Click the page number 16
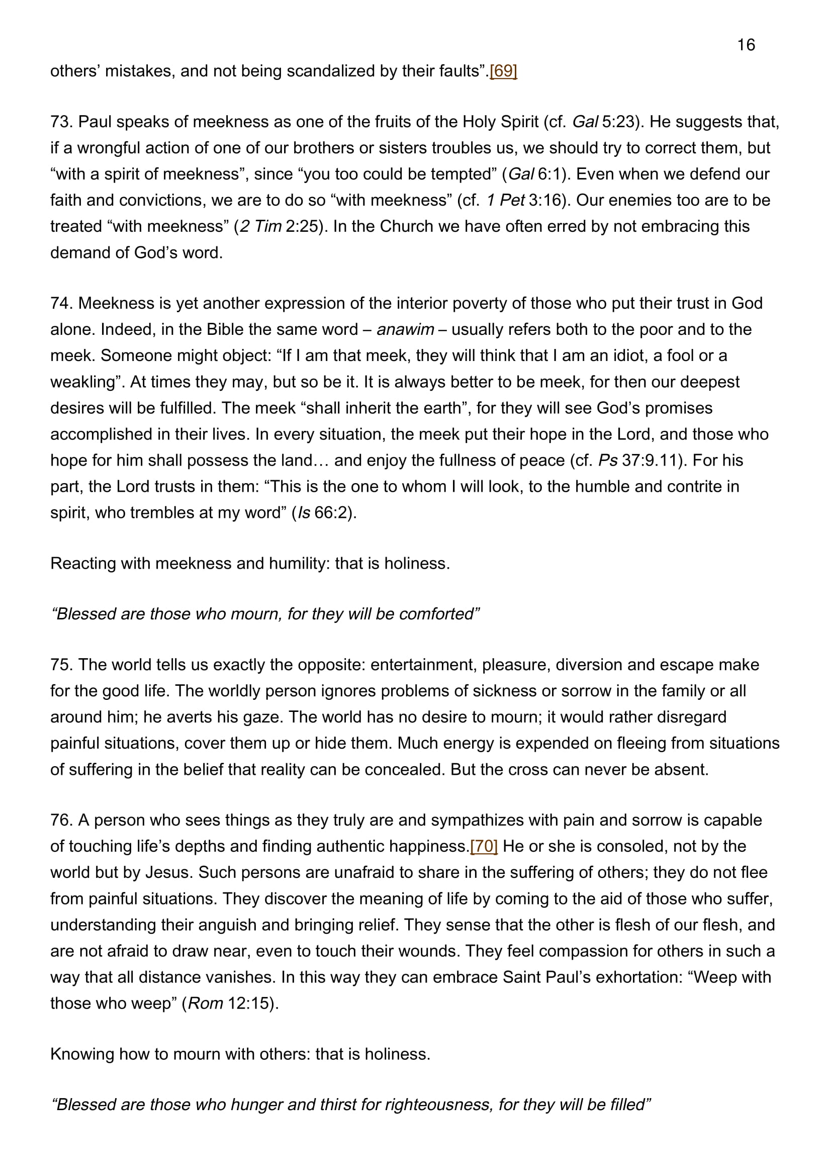(746, 45)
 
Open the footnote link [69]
(503, 71)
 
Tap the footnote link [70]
(483, 846)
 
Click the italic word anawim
(405, 329)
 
